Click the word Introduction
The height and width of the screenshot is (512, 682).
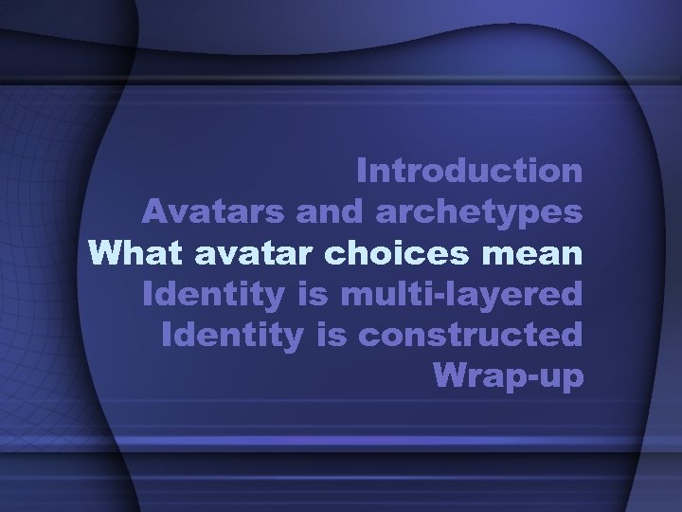pos(470,171)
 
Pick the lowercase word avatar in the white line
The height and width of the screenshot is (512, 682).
pos(246,253)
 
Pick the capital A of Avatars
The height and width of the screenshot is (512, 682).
pos(153,211)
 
